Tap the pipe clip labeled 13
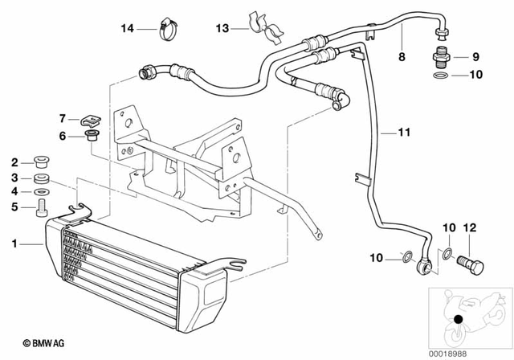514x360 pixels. coord(269,27)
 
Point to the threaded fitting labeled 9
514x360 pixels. coord(441,58)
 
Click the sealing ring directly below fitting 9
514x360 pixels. coord(441,78)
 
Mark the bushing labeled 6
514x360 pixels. coord(91,134)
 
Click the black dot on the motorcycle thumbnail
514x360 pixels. coord(458,320)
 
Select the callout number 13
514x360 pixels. coord(222,29)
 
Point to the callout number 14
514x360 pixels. coord(127,29)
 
